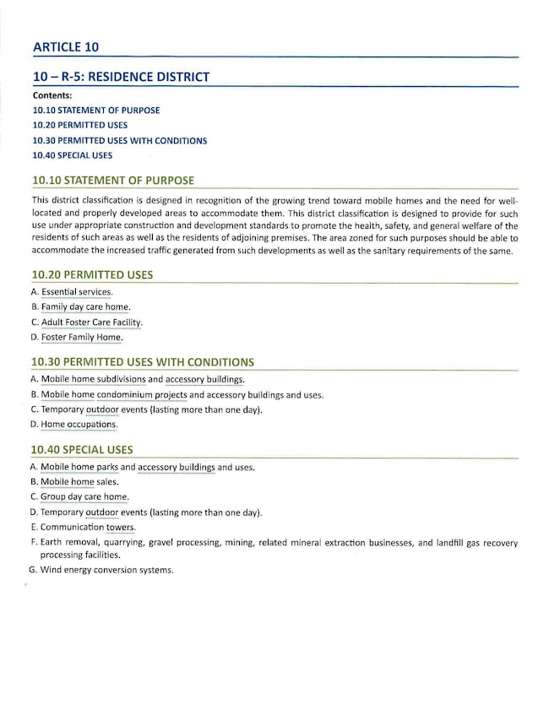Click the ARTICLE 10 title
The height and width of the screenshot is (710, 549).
click(x=67, y=46)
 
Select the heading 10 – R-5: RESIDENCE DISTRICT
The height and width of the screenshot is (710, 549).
click(x=121, y=77)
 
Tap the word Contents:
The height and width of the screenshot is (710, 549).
click(x=52, y=95)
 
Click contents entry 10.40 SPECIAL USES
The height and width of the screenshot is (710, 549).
click(x=73, y=155)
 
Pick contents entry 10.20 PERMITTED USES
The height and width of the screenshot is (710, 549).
click(x=80, y=125)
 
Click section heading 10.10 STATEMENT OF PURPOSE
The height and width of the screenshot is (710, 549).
click(x=112, y=181)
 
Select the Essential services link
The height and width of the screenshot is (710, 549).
click(x=76, y=292)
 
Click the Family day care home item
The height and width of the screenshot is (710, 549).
click(x=85, y=307)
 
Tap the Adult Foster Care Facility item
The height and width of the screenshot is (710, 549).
click(x=91, y=322)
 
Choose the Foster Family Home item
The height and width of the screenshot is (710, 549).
click(x=81, y=338)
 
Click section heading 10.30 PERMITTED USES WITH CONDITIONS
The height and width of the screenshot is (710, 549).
click(x=142, y=362)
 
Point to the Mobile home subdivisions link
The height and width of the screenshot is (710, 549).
click(x=93, y=380)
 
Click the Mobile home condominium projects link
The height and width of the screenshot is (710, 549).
click(x=113, y=395)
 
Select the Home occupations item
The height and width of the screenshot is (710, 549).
click(x=79, y=425)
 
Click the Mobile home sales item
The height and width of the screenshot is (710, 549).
click(x=79, y=482)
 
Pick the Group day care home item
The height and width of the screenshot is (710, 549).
click(x=84, y=497)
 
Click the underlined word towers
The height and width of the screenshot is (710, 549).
click(x=120, y=528)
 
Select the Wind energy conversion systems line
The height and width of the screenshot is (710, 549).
click(x=106, y=570)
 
